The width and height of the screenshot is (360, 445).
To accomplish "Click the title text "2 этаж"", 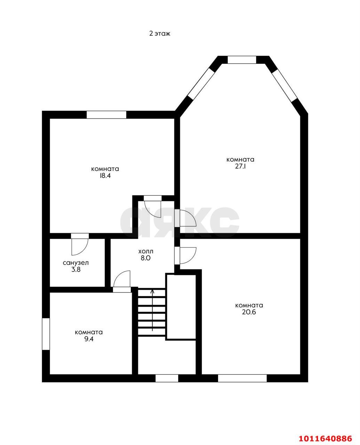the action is [160, 33].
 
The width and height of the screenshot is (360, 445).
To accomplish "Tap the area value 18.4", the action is [105, 176].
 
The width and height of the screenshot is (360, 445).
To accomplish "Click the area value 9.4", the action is [89, 339].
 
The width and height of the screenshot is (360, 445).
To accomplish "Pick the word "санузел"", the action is [76, 263].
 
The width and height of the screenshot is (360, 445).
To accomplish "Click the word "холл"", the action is [146, 251].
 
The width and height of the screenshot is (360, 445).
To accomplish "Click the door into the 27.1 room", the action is [188, 218].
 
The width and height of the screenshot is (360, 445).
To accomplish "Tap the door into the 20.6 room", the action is [188, 256].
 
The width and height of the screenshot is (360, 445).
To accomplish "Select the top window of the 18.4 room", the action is [106, 115].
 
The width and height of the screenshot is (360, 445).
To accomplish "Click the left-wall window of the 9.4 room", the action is [46, 334].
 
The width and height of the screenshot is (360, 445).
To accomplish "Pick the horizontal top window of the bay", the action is [242, 60].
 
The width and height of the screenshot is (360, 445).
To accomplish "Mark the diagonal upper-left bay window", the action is [201, 83].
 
